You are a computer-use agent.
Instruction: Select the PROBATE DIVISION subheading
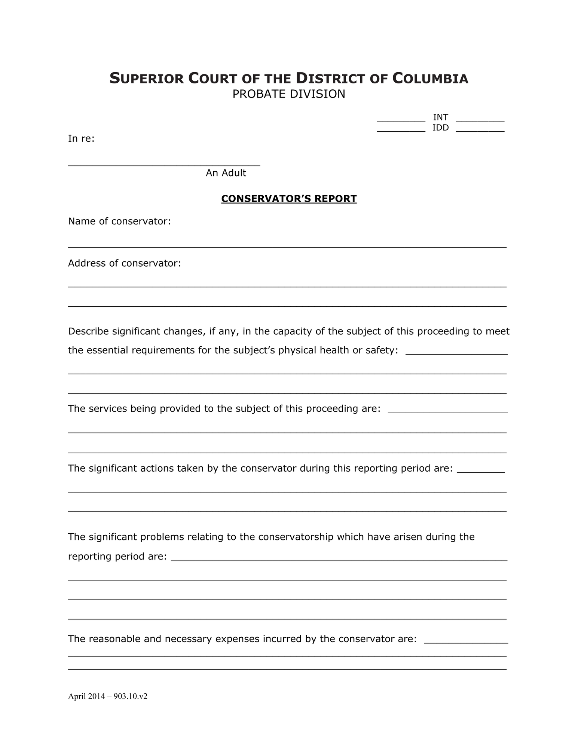288,94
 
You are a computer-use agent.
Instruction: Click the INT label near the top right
440,117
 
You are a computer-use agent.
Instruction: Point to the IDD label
440,128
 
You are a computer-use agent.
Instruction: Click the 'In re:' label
81,139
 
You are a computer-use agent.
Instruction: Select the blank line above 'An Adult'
164,164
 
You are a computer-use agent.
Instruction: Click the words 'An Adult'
226,173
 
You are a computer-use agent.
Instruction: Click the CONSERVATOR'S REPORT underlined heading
289,199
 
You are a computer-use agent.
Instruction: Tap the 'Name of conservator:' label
119,221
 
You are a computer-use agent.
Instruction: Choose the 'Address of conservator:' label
124,263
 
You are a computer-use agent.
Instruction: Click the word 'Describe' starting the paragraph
88,331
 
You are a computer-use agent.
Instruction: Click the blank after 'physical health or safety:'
456,353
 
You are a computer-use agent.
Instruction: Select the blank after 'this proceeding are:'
448,411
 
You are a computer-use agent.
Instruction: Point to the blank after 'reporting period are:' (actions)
481,471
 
